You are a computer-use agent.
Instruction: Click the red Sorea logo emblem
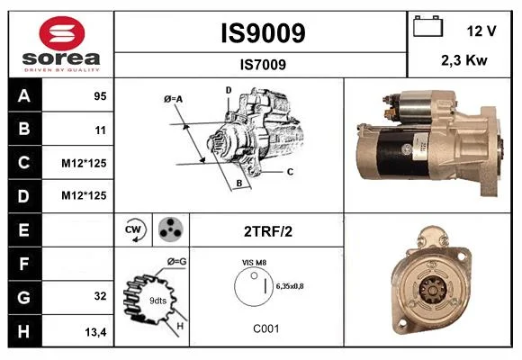pos(62,33)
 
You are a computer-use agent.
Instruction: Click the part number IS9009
pos(263,33)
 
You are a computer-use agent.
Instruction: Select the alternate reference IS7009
pos(263,65)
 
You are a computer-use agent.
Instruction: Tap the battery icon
pos(427,26)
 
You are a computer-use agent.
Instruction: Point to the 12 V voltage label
pos(481,31)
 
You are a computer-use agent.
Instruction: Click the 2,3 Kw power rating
pos(464,60)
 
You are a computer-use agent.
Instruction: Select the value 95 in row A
pos(100,96)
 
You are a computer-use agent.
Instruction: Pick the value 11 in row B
pos(101,130)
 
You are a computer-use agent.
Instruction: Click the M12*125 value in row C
pos(84,163)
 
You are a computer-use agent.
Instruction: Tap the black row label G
pos(25,297)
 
